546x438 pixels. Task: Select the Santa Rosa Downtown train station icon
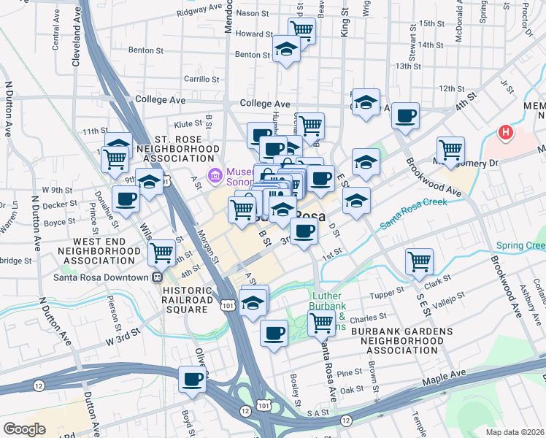156,277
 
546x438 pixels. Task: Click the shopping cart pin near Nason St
301,30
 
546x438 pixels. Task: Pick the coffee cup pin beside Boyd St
193,380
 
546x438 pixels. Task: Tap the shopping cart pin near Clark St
419,261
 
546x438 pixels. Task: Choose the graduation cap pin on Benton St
286,50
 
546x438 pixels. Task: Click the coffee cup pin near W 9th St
126,199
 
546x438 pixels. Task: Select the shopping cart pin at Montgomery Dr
451,150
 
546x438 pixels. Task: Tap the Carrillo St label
186,79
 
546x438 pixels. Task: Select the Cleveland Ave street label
75,33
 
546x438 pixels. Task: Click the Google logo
24,429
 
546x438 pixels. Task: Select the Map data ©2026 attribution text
515,431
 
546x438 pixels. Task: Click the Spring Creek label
520,246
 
